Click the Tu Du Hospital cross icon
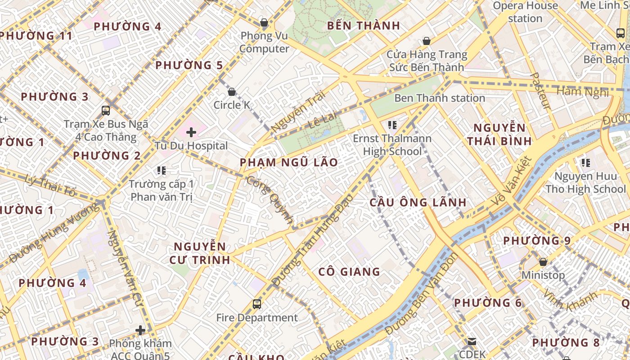pyautogui.click(x=191, y=132)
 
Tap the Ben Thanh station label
pyautogui.click(x=439, y=98)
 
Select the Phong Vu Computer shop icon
pyautogui.click(x=264, y=22)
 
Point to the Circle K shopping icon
pyautogui.click(x=232, y=92)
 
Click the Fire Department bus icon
pyautogui.click(x=257, y=304)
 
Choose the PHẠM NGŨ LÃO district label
pyautogui.click(x=288, y=162)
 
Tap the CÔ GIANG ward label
pyautogui.click(x=349, y=272)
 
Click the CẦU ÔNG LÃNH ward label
pyautogui.click(x=418, y=202)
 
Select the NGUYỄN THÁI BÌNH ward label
pyautogui.click(x=499, y=135)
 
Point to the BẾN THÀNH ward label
pyautogui.click(x=364, y=26)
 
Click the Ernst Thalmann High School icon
pyautogui.click(x=392, y=125)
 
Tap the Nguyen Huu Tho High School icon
pyautogui.click(x=585, y=162)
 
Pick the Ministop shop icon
pyautogui.click(x=543, y=262)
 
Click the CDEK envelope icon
pyautogui.click(x=472, y=342)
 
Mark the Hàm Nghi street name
pyautogui.click(x=582, y=92)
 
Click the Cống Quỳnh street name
pyautogui.click(x=270, y=201)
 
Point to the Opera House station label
pyautogui.click(x=525, y=12)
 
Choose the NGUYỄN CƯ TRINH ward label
pyautogui.click(x=200, y=253)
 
